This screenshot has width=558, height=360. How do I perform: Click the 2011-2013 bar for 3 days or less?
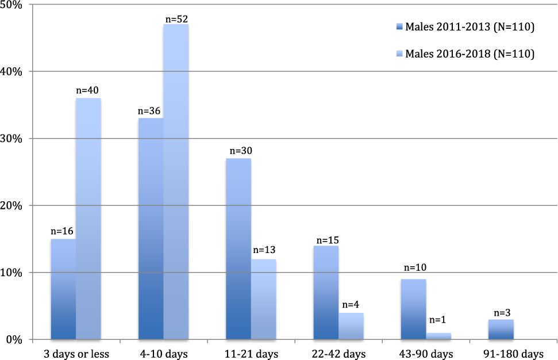click(x=63, y=289)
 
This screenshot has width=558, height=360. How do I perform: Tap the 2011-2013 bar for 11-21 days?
click(x=238, y=248)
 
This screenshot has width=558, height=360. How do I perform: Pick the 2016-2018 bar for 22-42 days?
click(x=351, y=325)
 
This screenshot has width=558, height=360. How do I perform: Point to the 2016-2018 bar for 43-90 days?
click(x=438, y=336)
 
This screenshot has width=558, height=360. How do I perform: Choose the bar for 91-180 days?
click(x=501, y=329)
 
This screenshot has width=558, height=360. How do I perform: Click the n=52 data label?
click(x=177, y=18)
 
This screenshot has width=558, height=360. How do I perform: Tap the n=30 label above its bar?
click(x=241, y=151)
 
